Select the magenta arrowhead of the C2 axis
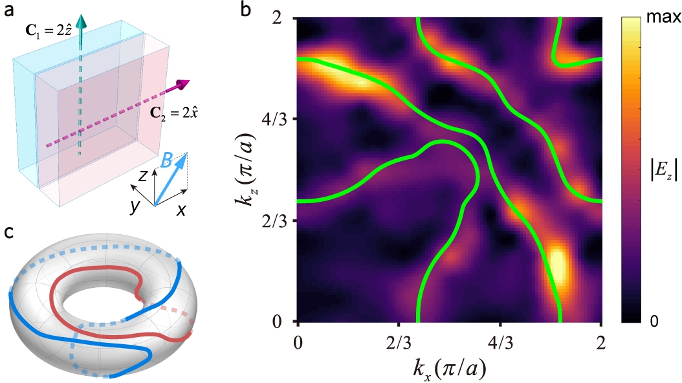point(183,83)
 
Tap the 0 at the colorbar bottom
point(654,321)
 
